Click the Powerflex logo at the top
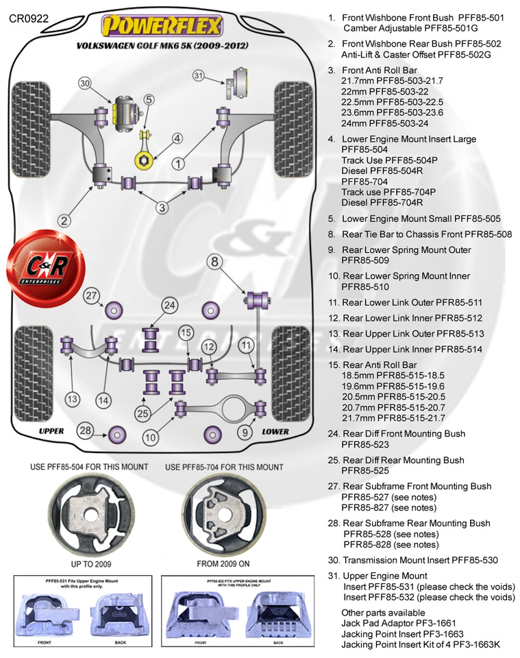162,27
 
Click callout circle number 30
84,84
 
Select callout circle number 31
199,75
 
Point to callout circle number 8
215,261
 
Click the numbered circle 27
92,296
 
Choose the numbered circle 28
85,430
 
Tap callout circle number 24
169,304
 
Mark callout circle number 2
64,221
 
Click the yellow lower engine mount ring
145,160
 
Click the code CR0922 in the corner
29,19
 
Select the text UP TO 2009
87,563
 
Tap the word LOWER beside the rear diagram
275,432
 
